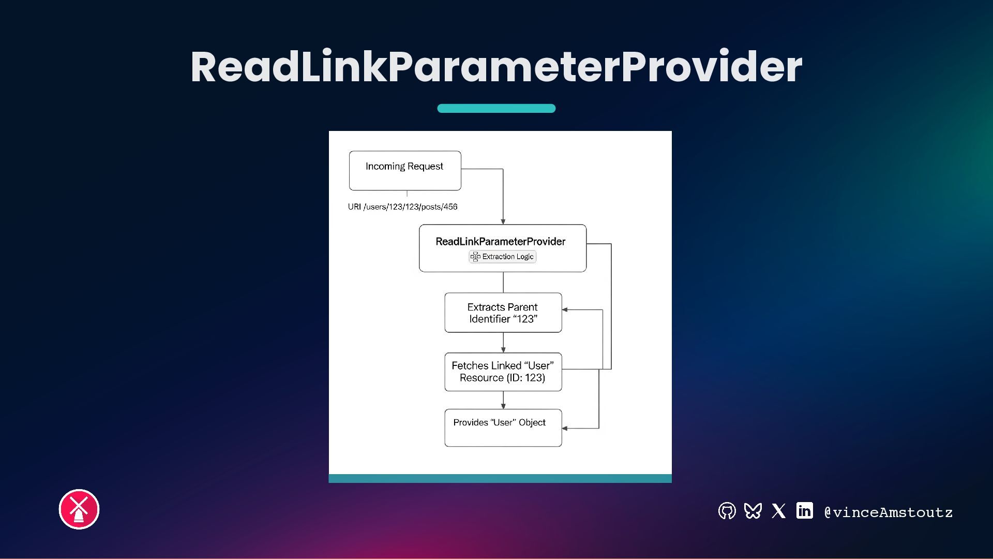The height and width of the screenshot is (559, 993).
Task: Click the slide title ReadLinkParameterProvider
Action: tap(496, 67)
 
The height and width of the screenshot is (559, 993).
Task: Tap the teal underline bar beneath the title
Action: tap(496, 108)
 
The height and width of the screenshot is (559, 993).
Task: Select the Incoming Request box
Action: tap(405, 171)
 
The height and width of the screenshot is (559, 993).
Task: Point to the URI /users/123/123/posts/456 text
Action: tap(402, 207)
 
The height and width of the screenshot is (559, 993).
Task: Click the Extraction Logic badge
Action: tap(503, 257)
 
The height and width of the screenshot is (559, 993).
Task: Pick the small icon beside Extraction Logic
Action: tap(475, 257)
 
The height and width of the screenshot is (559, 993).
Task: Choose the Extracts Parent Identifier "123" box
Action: tap(503, 313)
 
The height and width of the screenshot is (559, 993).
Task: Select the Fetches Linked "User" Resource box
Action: tap(503, 372)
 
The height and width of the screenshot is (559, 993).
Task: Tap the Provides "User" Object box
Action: tap(503, 428)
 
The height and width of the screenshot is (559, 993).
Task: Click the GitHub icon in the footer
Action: tap(727, 511)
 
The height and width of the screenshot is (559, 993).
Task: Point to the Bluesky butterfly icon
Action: tap(753, 511)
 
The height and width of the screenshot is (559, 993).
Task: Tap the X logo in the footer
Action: tap(778, 511)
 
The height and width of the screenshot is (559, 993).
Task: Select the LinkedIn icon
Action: tap(804, 511)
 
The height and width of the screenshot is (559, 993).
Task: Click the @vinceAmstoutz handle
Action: tap(888, 512)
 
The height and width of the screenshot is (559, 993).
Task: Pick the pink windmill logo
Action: tap(79, 509)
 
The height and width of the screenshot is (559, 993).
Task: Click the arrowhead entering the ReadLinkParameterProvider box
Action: tap(503, 222)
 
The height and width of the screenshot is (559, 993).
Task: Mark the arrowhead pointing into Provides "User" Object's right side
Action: tap(565, 429)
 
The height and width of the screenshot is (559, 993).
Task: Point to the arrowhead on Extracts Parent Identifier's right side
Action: tap(565, 310)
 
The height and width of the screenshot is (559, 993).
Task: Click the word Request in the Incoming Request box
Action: tap(425, 166)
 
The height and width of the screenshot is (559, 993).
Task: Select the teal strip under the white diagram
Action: tap(500, 479)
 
